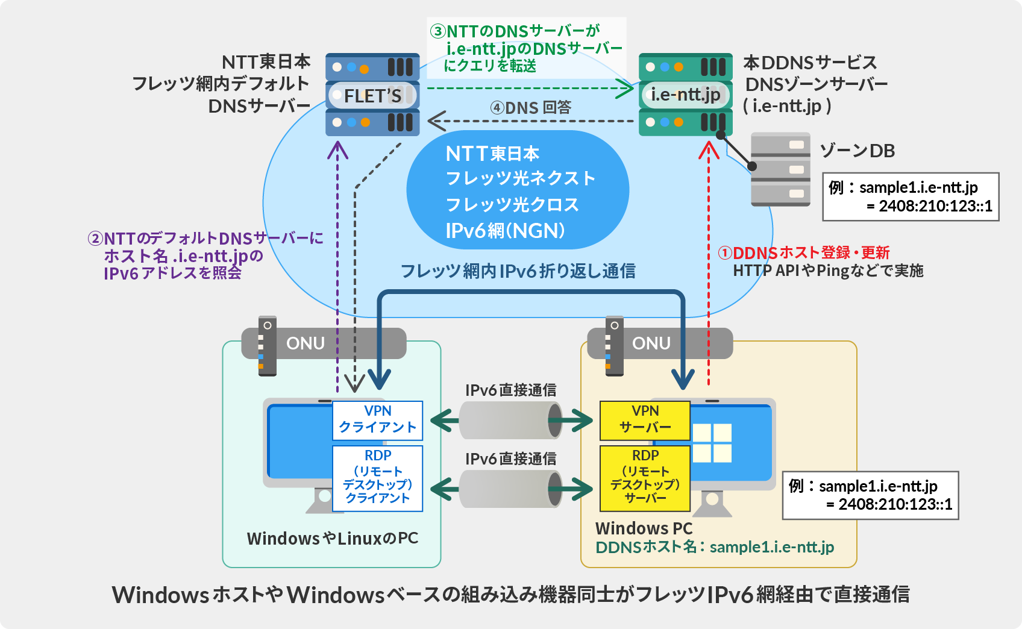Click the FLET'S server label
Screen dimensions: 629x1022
(x=372, y=95)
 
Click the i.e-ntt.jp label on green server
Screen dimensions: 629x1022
(x=685, y=95)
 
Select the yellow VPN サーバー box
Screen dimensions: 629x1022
(x=645, y=420)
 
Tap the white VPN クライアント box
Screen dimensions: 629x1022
(x=378, y=420)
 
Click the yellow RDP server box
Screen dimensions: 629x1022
(x=645, y=478)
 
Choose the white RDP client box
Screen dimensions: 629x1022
(x=378, y=478)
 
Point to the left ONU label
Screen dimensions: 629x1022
(x=306, y=343)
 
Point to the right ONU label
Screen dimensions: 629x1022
(x=651, y=343)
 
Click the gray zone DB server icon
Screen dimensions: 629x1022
(x=780, y=170)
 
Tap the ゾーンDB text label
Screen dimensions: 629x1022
(x=857, y=151)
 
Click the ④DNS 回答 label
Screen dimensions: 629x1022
(x=531, y=108)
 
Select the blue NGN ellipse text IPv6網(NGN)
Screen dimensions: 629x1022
(x=505, y=231)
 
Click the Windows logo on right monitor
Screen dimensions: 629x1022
(x=712, y=443)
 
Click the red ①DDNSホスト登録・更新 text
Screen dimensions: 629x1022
(x=804, y=252)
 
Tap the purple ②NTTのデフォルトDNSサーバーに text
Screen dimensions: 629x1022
(x=205, y=239)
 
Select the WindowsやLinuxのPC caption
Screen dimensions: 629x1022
(x=332, y=538)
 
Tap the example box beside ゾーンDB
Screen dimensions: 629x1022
(x=911, y=197)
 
